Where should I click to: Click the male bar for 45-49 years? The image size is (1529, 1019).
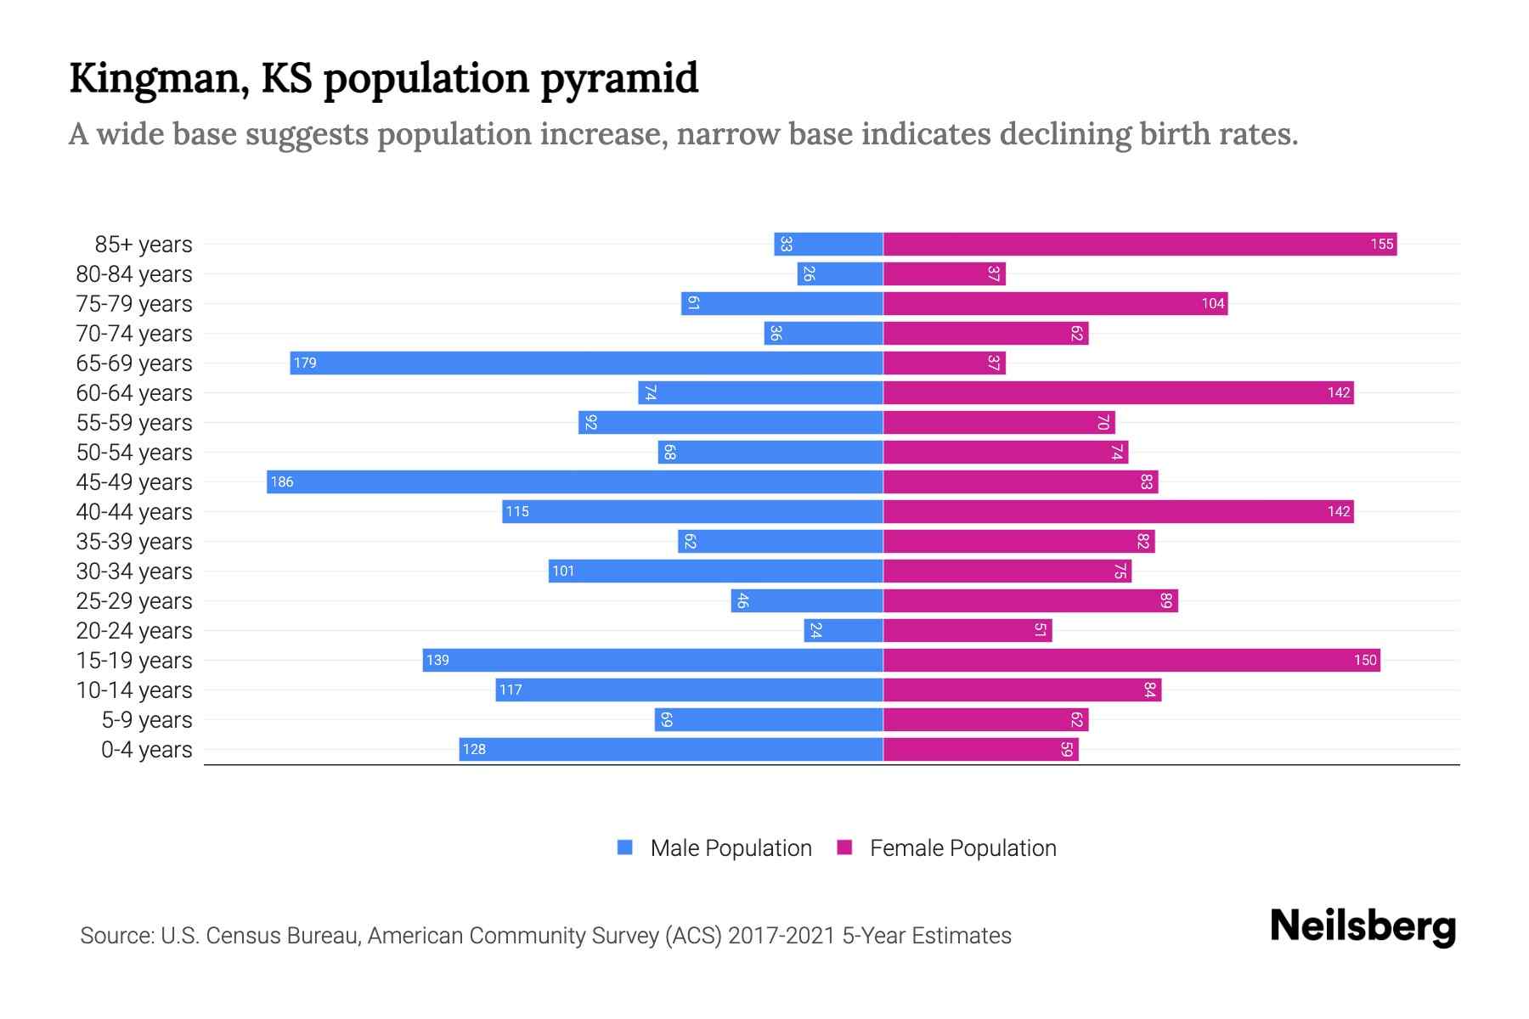coord(574,481)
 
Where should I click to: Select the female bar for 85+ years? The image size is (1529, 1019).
coord(1140,244)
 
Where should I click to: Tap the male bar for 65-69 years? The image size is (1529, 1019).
coord(586,363)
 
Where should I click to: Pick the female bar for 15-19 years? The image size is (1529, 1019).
coord(1131,660)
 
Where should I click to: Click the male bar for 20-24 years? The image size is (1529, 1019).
coord(843,630)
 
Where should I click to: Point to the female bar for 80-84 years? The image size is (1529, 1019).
coord(945,273)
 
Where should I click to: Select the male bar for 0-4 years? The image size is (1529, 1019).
coord(671,749)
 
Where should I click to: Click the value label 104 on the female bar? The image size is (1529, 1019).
coord(1212,304)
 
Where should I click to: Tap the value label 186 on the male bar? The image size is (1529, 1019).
coord(281,482)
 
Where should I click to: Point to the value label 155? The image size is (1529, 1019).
coord(1381,245)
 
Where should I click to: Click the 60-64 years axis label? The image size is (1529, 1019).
coord(134,393)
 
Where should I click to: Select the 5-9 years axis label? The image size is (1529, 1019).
coord(147,720)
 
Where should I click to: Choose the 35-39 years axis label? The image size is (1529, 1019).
coord(134,542)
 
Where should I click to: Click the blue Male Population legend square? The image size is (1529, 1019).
coord(625,847)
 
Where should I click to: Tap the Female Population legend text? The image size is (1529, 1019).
coord(962,848)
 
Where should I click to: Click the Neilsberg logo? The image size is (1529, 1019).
coord(1363,926)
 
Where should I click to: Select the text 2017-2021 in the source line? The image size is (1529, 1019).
coord(781,936)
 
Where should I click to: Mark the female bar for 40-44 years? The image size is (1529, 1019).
coord(1118,511)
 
